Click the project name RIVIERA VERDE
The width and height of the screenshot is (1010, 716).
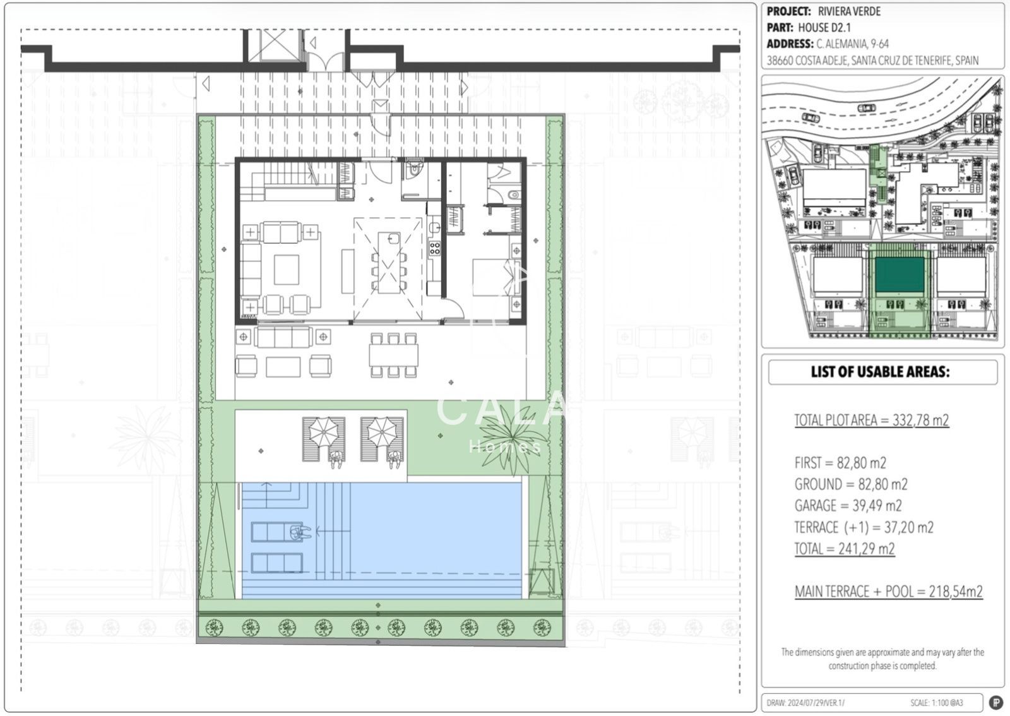pos(849,11)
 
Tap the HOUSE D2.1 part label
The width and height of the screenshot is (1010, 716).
pos(824,28)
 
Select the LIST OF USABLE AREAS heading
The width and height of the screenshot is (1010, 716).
pos(880,371)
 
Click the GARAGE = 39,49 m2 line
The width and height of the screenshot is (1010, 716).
pos(848,506)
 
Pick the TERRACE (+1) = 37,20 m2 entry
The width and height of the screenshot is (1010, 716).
pos(864,527)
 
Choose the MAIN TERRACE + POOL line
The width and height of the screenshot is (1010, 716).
pos(888,591)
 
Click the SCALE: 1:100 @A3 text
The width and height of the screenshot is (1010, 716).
pos(937,703)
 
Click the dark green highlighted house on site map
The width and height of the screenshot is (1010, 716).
pos(900,275)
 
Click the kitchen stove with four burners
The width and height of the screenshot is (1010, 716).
pos(435,248)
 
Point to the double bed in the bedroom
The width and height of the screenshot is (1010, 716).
pos(493,277)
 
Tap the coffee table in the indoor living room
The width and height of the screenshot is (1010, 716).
pos(287,270)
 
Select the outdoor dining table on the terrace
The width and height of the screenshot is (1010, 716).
pos(393,355)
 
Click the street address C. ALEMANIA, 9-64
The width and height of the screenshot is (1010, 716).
pos(852,44)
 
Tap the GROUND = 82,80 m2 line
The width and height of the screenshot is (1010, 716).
pos(851,484)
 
